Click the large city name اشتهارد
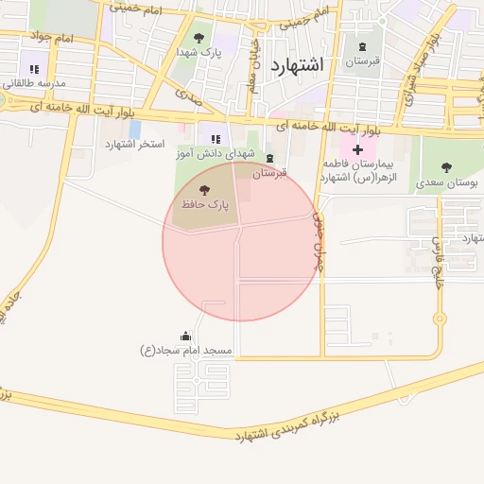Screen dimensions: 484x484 (x=296, y=65)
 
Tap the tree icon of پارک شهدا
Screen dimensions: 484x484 (x=199, y=38)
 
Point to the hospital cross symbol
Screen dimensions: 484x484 (x=357, y=149)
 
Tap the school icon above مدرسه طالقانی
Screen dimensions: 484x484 (x=35, y=68)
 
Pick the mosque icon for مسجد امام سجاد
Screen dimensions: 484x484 (x=185, y=337)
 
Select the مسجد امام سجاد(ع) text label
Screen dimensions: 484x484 (x=185, y=351)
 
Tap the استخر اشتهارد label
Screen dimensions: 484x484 (x=134, y=145)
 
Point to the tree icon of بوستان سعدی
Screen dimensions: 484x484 (x=445, y=166)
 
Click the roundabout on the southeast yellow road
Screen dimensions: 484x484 (x=439, y=319)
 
